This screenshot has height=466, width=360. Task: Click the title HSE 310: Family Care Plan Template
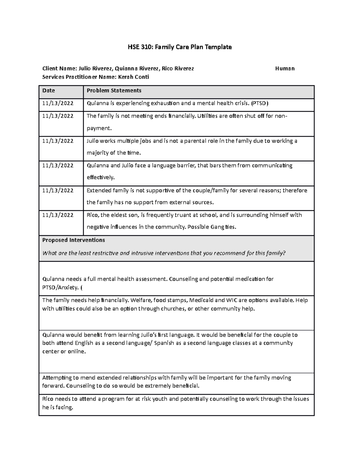point(180,47)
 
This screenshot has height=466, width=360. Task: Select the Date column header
point(49,91)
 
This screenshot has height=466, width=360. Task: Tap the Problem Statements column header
point(114,91)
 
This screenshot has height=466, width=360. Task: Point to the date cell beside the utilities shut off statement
point(58,116)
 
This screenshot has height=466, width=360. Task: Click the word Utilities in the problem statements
point(208,116)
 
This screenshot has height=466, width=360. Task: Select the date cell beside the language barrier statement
point(58,166)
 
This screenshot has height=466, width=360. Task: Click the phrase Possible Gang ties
point(211,227)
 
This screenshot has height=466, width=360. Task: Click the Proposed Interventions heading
point(73,240)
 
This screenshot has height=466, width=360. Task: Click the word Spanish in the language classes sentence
point(164,343)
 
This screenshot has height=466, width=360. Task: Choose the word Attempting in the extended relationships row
point(56,378)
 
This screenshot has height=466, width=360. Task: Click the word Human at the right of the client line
point(285,69)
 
